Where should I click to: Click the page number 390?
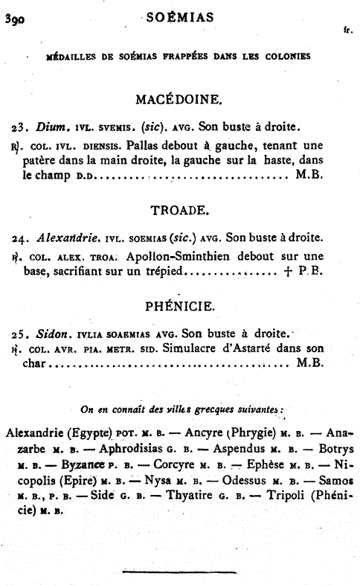[16, 20]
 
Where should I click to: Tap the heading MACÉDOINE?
[181, 99]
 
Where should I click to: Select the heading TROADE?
[181, 211]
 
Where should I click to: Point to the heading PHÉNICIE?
[180, 305]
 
